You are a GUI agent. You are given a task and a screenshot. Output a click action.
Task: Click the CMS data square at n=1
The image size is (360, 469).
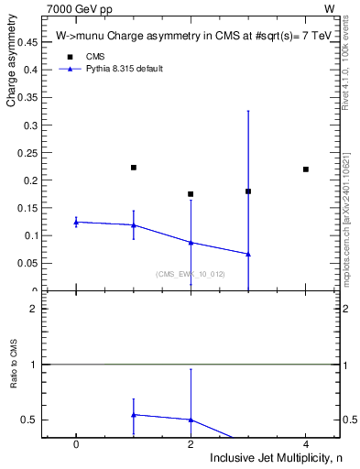pos(134,168)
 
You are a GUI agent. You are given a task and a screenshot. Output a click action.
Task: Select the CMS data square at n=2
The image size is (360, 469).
pos(191,194)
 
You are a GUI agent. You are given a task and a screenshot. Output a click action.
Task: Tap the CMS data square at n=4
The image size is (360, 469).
pos(306,169)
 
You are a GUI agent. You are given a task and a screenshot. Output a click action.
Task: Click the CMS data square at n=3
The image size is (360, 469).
pos(248,191)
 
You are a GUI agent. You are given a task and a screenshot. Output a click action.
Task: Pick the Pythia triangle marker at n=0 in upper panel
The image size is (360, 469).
pos(76,222)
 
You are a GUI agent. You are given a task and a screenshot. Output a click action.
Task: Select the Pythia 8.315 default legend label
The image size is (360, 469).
pos(124,69)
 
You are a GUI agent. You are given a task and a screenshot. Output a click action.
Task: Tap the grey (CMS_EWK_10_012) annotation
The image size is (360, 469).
pos(191,274)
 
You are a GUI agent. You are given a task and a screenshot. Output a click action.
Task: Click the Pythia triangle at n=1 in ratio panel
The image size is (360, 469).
pos(134,415)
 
